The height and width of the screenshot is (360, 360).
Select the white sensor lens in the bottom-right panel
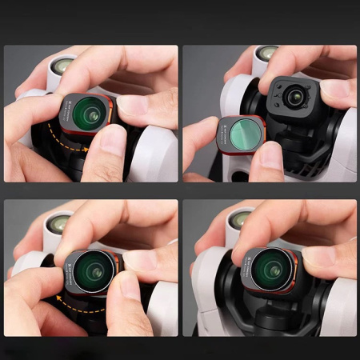[240, 218]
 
